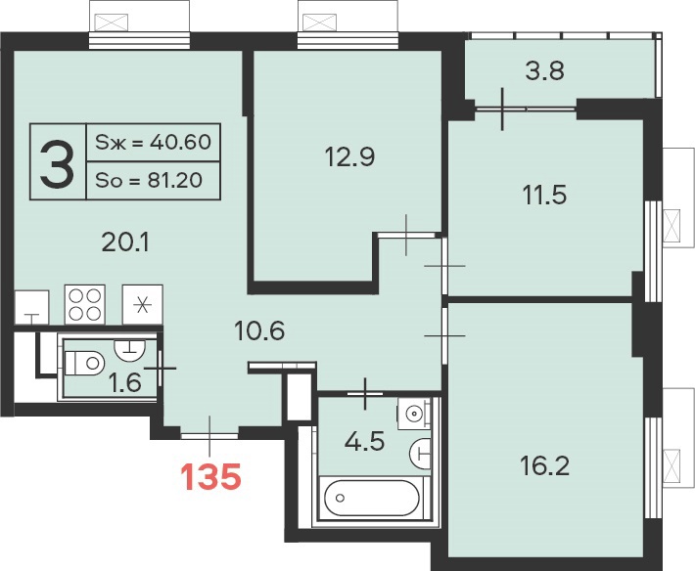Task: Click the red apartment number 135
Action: (210, 477)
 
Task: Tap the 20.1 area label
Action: (125, 242)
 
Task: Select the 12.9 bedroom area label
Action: (349, 156)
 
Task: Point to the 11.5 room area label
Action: (544, 195)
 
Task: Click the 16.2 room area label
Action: (544, 465)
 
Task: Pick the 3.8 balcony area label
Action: (544, 70)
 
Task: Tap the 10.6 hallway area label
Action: (259, 330)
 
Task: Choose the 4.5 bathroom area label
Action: (365, 441)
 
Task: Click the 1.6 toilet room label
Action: (125, 382)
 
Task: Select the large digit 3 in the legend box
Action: (57, 161)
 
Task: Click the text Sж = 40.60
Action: (153, 142)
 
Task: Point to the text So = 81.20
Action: (149, 180)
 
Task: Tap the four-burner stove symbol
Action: (84, 304)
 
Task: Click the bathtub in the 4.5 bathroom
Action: (371, 498)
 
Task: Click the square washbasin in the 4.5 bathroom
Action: (413, 414)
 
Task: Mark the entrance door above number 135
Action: (209, 435)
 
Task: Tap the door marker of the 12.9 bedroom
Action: (406, 235)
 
